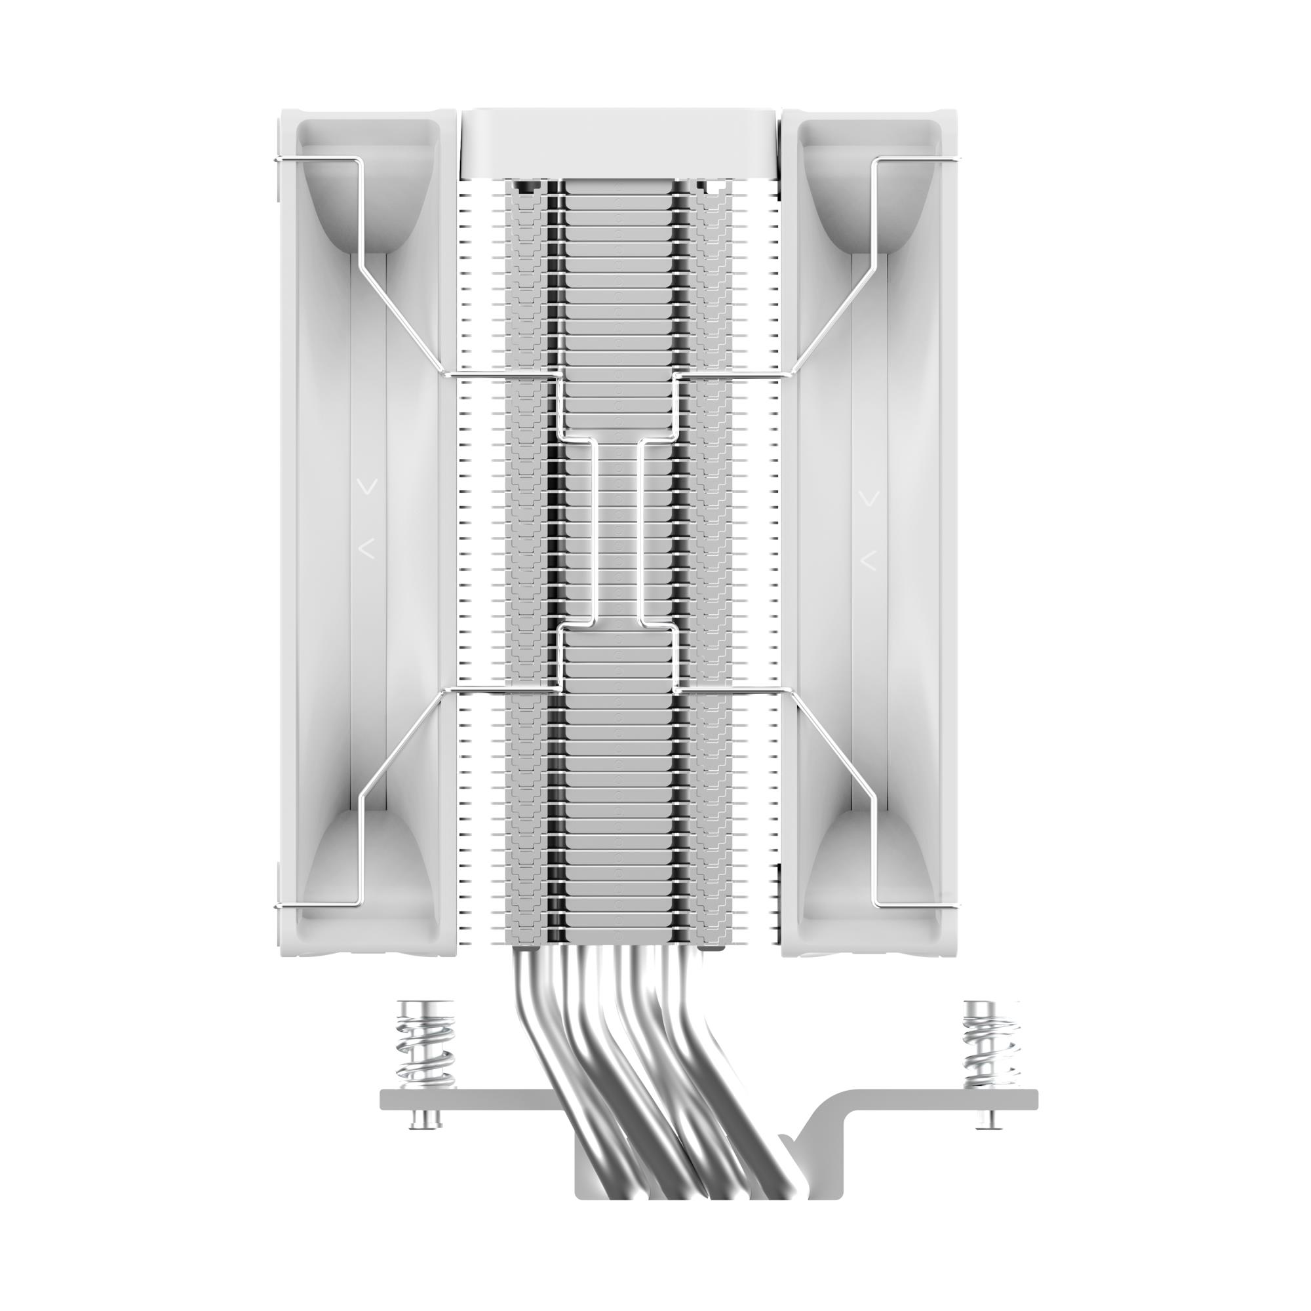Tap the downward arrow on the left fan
click(368, 486)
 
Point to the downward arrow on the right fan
click(869, 499)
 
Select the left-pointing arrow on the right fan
click(868, 560)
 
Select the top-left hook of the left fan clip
click(279, 160)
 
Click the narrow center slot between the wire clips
click(617, 529)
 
